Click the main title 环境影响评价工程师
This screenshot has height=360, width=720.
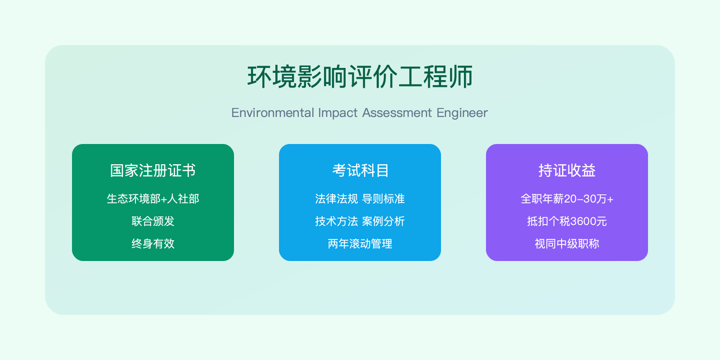click(360, 76)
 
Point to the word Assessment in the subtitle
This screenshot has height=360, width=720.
click(397, 112)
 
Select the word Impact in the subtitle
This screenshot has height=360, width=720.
click(337, 112)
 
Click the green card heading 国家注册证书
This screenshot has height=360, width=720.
click(153, 171)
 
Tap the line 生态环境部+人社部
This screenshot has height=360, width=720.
click(153, 198)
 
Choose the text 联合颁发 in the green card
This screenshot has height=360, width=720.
click(153, 221)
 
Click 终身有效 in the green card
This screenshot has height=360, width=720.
click(153, 243)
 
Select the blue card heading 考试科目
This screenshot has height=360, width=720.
click(360, 171)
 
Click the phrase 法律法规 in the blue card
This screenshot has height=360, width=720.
click(337, 198)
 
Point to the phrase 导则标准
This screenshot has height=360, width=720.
click(383, 198)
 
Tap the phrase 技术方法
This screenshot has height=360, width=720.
click(337, 221)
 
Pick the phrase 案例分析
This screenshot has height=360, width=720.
click(383, 221)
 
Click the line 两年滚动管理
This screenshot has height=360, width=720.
click(360, 243)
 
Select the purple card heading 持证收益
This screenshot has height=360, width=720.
click(567, 171)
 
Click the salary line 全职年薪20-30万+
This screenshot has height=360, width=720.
click(567, 198)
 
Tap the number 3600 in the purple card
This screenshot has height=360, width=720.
click(583, 221)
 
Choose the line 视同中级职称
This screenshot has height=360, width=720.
click(567, 243)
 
